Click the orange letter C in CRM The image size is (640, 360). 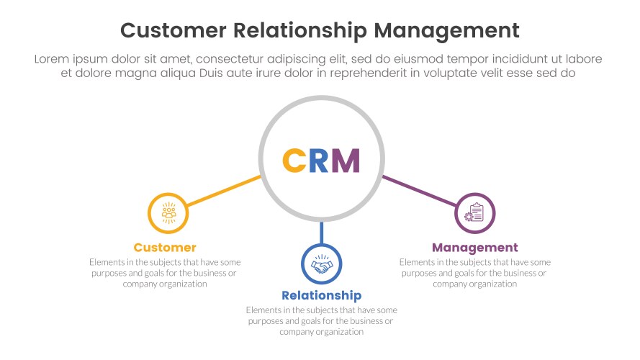point(295,161)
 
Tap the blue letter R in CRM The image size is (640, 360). point(320,161)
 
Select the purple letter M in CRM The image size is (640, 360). point(346,161)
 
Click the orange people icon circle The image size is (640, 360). point(168,213)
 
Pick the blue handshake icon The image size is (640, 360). point(322,265)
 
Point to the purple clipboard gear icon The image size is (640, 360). point(475,213)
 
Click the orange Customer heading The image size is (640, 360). point(165,248)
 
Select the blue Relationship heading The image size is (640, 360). point(321,296)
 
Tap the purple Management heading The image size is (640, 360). point(475,248)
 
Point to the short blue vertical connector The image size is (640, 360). point(322,233)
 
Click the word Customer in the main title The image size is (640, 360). point(171,30)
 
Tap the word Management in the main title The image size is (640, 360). point(447,30)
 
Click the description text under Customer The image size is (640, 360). point(165,273)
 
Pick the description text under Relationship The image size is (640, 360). point(321,321)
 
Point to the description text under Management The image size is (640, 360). point(475,273)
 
